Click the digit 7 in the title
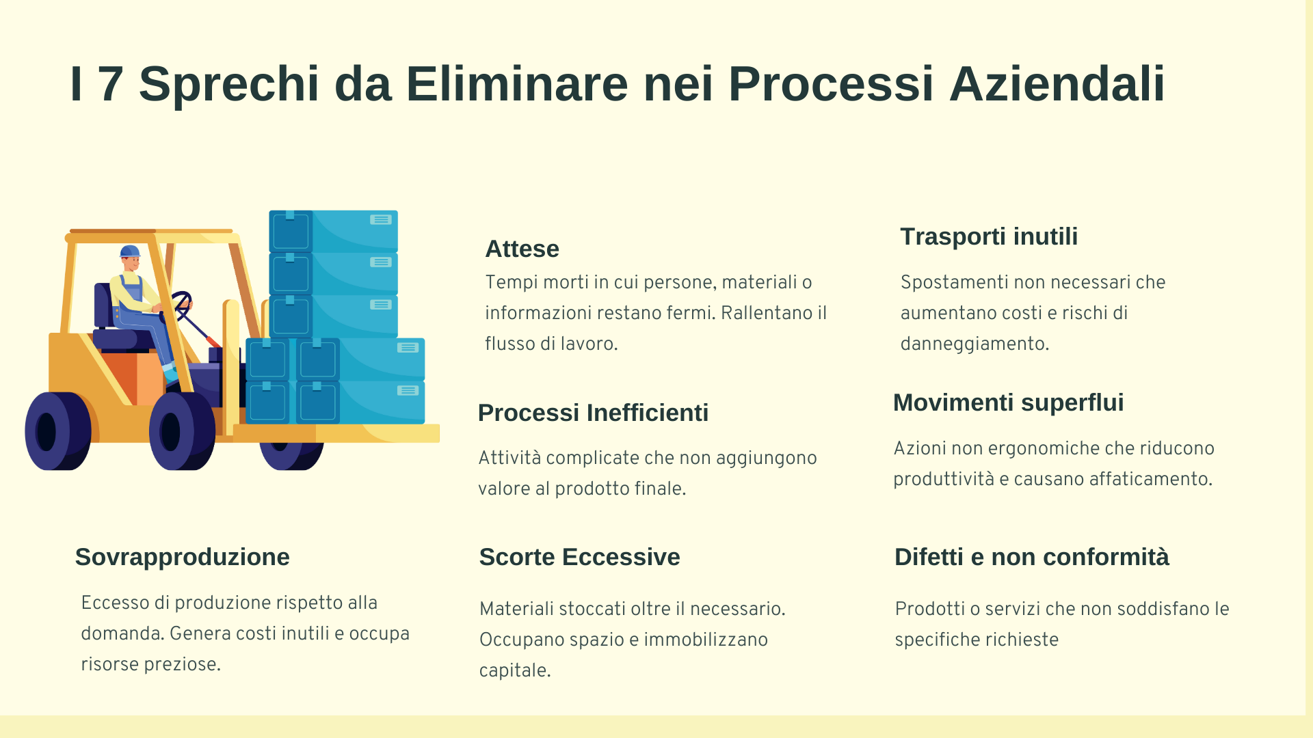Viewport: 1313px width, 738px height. (x=111, y=84)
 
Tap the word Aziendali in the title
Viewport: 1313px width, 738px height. (x=1057, y=84)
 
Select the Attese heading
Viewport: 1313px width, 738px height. (x=522, y=249)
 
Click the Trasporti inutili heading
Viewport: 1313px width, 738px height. (x=989, y=236)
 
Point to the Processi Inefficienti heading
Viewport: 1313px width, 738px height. (x=593, y=413)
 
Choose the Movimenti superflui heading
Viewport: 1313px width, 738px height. (x=1008, y=402)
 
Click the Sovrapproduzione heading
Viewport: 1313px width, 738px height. (x=183, y=557)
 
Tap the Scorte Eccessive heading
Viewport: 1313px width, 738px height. (x=580, y=557)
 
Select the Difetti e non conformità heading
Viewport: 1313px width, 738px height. (x=1032, y=557)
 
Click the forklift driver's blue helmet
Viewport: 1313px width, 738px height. (x=130, y=251)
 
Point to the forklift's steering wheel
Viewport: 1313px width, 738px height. (x=182, y=305)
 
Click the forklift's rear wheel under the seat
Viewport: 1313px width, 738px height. (x=58, y=431)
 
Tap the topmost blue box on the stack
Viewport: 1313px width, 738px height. (x=333, y=231)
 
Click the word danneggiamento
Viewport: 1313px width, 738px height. (x=974, y=344)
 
